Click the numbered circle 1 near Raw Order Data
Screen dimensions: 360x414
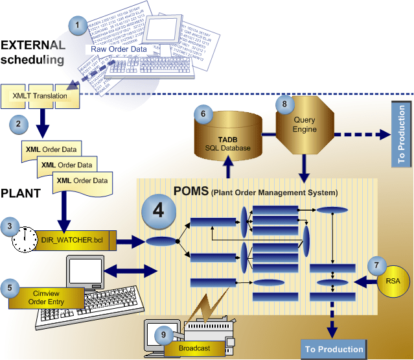tap(78, 25)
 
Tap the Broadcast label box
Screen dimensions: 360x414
tap(195, 348)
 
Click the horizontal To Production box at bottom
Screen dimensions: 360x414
tap(336, 350)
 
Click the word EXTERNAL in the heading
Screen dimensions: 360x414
tap(32, 45)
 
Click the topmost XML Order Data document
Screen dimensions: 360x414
tap(51, 149)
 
